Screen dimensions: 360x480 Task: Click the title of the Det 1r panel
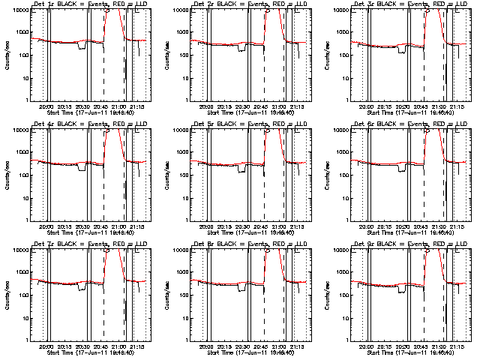coord(92,4)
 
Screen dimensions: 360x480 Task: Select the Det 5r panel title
coord(252,124)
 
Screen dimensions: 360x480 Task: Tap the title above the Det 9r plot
coord(412,244)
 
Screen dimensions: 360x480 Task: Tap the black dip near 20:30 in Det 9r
coord(402,289)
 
